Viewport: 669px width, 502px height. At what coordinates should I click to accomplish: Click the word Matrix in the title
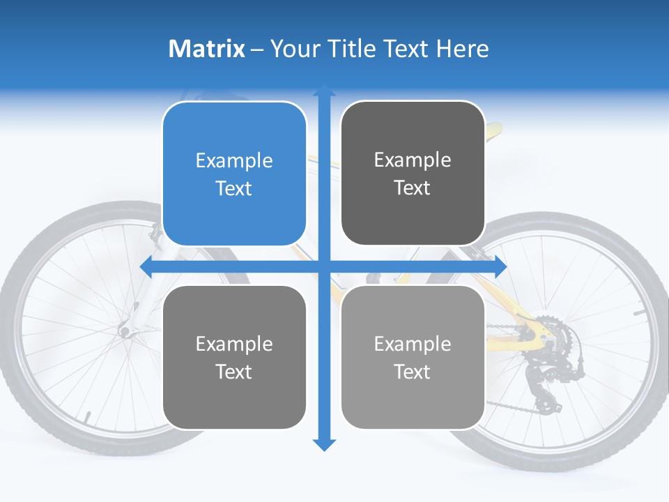[x=206, y=49]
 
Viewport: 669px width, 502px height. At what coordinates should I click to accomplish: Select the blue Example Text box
[x=234, y=174]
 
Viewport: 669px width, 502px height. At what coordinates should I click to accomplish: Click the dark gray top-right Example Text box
[x=413, y=173]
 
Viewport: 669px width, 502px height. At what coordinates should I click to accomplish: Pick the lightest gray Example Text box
[x=413, y=357]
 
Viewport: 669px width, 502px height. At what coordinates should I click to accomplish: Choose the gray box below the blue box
[x=234, y=357]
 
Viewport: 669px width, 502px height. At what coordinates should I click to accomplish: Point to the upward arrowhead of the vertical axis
[x=324, y=91]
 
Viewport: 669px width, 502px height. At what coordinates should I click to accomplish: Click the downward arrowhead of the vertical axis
[x=324, y=445]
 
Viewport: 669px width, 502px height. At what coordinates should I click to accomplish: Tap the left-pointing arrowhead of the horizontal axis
[x=146, y=266]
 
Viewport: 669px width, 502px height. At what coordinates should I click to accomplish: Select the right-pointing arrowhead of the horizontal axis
[x=500, y=266]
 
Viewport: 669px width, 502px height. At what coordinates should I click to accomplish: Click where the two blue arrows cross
[x=324, y=266]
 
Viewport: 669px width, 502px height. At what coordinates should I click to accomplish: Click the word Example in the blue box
[x=234, y=161]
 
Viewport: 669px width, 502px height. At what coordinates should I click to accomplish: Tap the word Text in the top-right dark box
[x=413, y=188]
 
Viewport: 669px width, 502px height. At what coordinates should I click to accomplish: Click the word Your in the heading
[x=289, y=49]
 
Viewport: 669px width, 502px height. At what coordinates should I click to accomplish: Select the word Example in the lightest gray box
[x=413, y=344]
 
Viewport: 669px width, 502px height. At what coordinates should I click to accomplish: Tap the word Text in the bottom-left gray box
[x=234, y=372]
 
